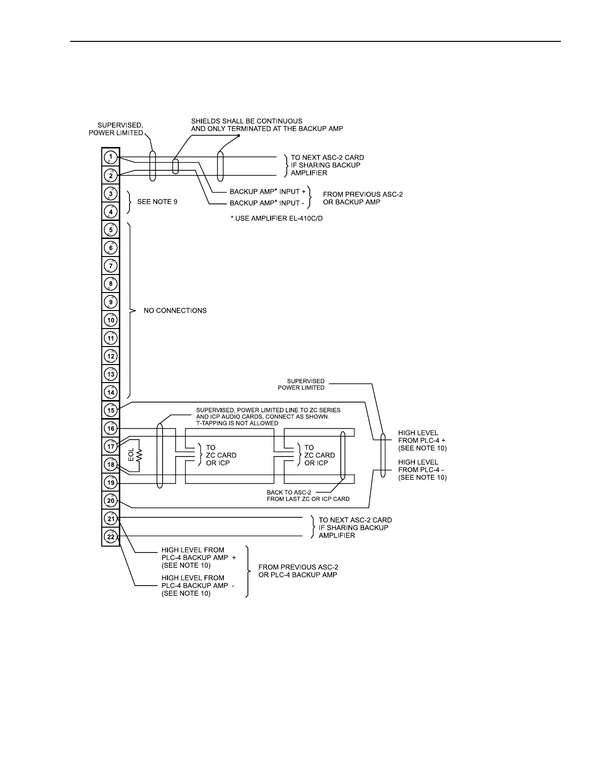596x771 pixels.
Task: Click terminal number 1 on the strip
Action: tap(111, 157)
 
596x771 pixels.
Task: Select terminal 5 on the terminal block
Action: tap(111, 230)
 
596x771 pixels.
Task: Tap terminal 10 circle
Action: tap(111, 320)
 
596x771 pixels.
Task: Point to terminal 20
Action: tap(111, 501)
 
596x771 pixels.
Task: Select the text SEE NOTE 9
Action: tap(154, 202)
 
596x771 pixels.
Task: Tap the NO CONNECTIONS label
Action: tap(175, 311)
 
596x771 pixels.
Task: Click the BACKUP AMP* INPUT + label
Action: tap(268, 192)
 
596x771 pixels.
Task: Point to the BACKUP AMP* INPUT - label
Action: tap(267, 203)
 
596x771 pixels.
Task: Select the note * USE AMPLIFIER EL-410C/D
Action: tap(277, 219)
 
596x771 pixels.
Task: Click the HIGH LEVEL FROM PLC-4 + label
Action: tap(422, 440)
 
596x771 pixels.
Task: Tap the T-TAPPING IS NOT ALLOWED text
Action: tap(237, 423)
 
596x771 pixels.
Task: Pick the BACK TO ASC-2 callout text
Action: tap(308, 496)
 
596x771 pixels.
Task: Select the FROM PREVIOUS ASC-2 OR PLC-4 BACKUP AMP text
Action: tap(298, 571)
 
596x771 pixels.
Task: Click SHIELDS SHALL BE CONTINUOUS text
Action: tap(246, 121)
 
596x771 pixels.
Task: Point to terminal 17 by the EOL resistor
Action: tap(111, 447)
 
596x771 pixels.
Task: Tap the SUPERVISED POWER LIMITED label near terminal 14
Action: tap(301, 385)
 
